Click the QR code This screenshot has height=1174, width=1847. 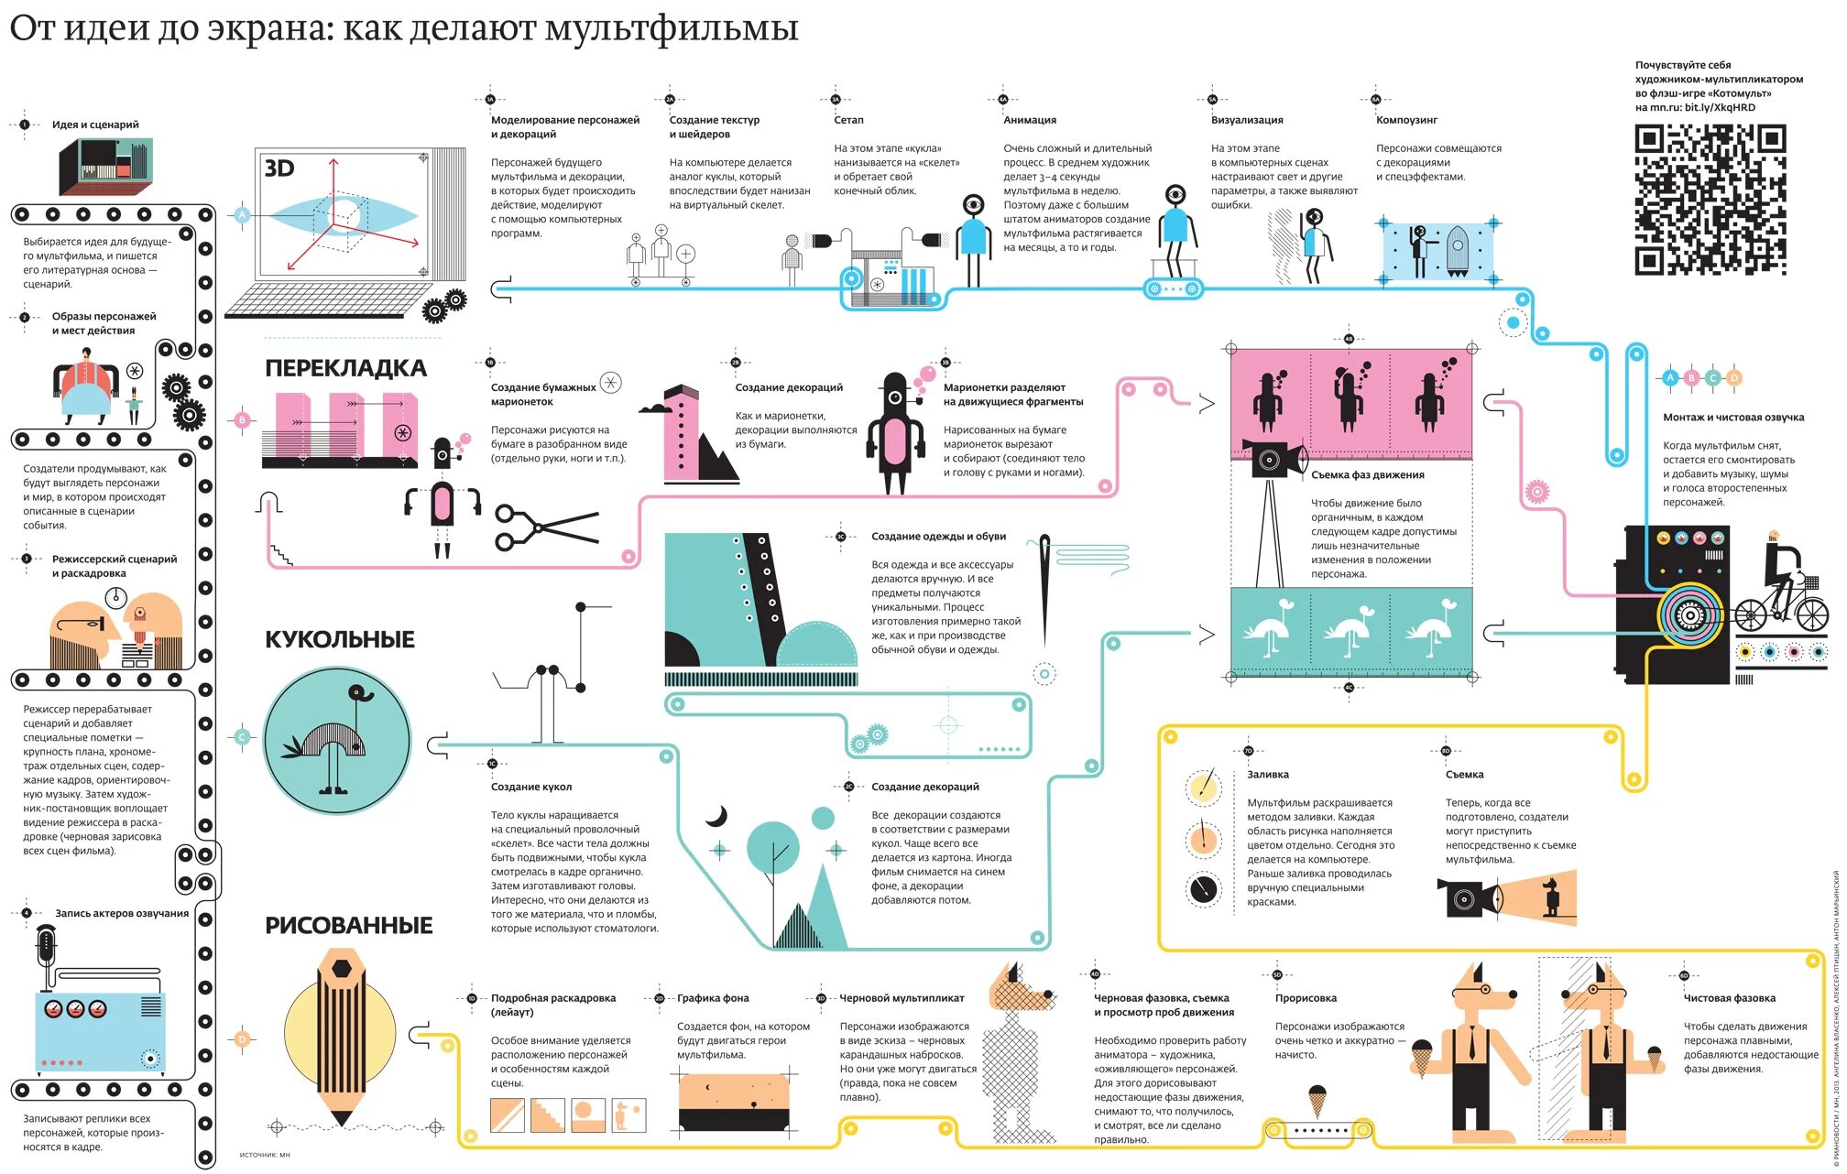[x=1710, y=201]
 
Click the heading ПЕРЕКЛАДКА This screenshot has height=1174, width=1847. [x=345, y=368]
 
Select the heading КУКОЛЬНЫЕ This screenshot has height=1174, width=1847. [x=340, y=639]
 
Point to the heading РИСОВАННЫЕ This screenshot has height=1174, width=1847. [x=348, y=925]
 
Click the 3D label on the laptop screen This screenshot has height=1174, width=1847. [x=279, y=168]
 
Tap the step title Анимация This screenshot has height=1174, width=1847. [x=1030, y=120]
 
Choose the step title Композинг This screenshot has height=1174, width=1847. [x=1406, y=120]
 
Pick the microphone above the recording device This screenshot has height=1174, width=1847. [x=47, y=948]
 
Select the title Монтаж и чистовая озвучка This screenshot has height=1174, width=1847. [x=1733, y=418]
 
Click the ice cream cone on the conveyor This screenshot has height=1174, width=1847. [x=1317, y=1100]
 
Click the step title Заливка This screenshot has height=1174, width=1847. [x=1268, y=775]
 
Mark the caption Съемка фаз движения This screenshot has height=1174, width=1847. [x=1367, y=475]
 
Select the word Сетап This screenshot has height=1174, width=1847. [x=848, y=120]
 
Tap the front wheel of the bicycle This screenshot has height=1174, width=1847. [x=1811, y=614]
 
